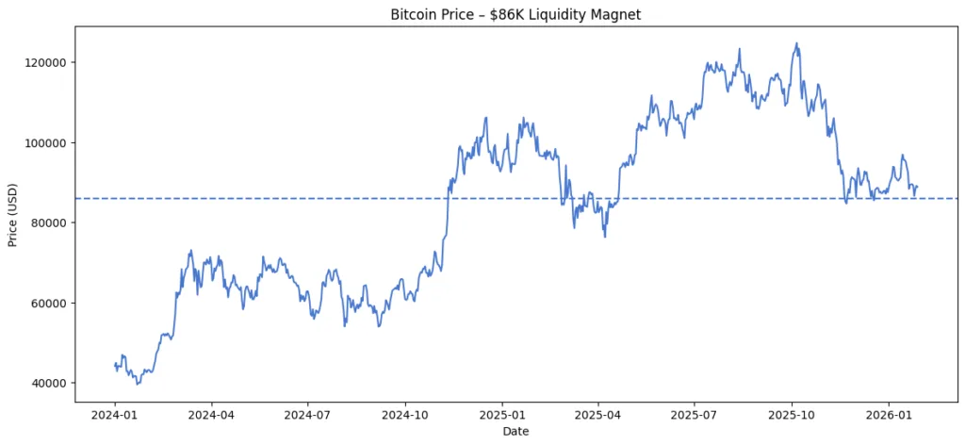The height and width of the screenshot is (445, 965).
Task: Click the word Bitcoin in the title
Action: (x=414, y=14)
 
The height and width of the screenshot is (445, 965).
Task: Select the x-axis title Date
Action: (x=515, y=431)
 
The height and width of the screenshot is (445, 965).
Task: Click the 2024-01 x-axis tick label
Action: (x=115, y=413)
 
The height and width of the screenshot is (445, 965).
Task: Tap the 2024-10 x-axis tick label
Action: (x=405, y=413)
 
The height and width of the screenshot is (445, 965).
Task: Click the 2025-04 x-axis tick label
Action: (x=597, y=413)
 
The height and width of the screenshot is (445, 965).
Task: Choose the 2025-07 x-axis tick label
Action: (x=695, y=413)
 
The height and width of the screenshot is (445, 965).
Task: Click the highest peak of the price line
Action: (x=797, y=42)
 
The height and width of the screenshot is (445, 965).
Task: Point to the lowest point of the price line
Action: (x=137, y=384)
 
